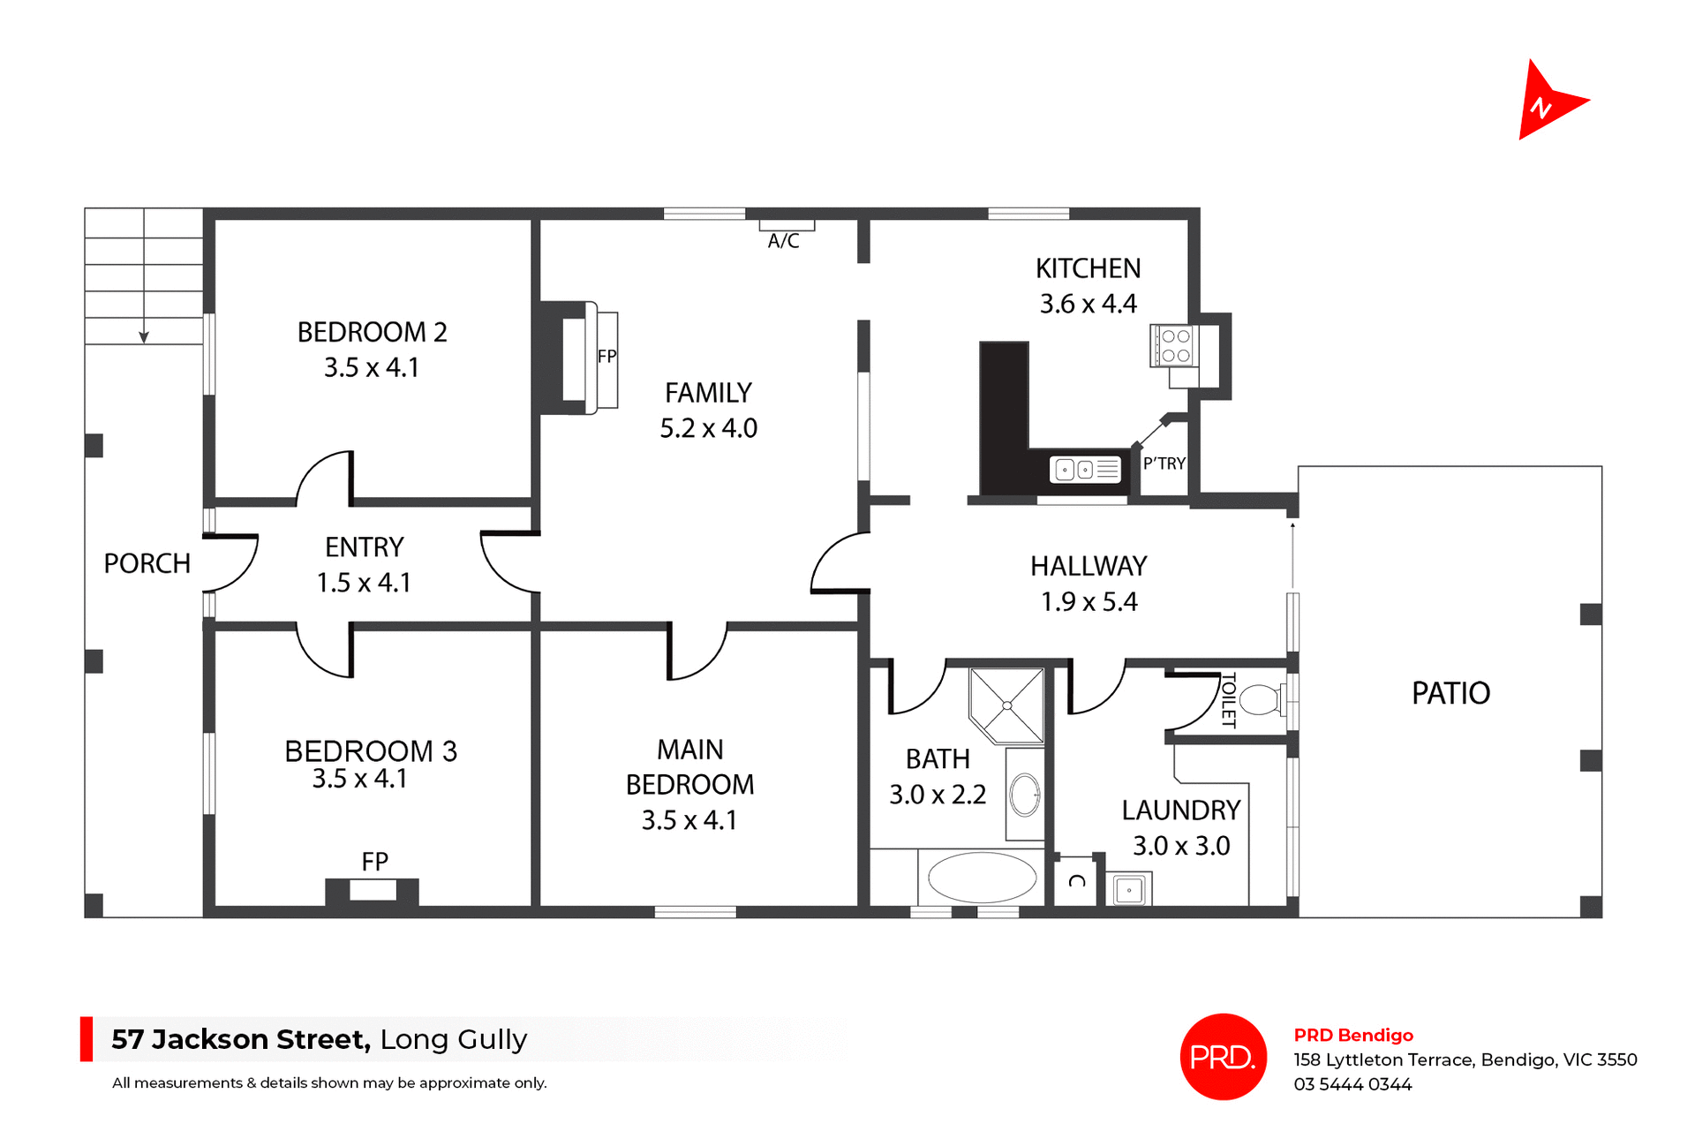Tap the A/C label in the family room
click(x=783, y=241)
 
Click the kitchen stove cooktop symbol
click(x=1174, y=345)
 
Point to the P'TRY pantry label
click(x=1164, y=464)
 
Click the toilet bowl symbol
click(x=1260, y=700)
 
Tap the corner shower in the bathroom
click(x=1007, y=705)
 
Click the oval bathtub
click(x=982, y=878)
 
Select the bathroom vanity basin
click(x=1025, y=794)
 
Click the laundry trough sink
click(x=1129, y=890)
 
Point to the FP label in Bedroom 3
click(x=374, y=861)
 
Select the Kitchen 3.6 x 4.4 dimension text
click(x=1088, y=304)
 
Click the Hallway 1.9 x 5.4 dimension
click(x=1089, y=602)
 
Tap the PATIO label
click(x=1450, y=693)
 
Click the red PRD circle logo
click(x=1223, y=1056)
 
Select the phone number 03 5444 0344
click(x=1352, y=1084)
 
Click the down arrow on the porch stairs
click(x=144, y=336)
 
